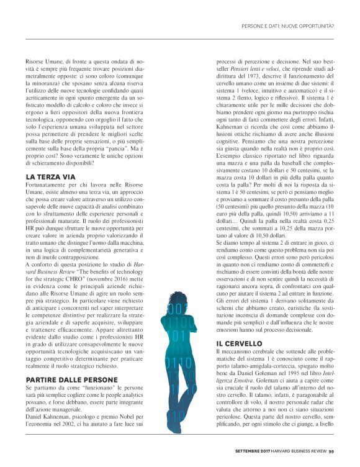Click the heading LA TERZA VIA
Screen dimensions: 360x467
(x=52, y=176)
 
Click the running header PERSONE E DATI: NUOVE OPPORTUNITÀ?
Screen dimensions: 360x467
(x=287, y=26)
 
